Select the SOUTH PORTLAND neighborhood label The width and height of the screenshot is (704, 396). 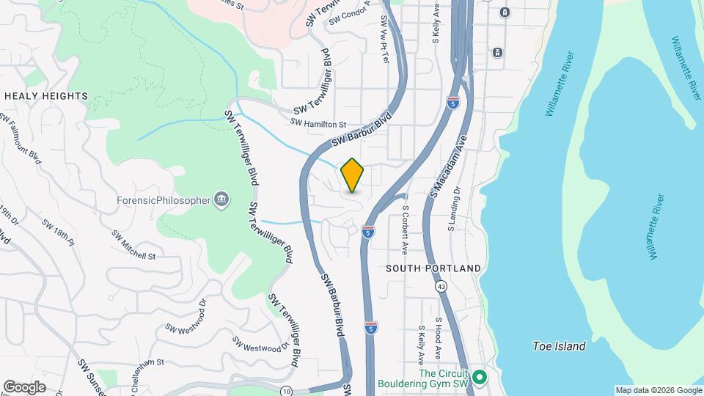click(433, 269)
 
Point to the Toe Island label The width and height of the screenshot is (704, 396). click(559, 346)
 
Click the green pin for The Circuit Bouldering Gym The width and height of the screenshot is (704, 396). click(480, 378)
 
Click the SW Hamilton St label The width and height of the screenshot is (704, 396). click(318, 124)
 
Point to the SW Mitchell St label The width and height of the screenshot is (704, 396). click(133, 246)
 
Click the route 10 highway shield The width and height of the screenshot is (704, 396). click(286, 390)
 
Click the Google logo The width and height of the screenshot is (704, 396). click(24, 386)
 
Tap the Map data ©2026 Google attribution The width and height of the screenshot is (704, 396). click(658, 390)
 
